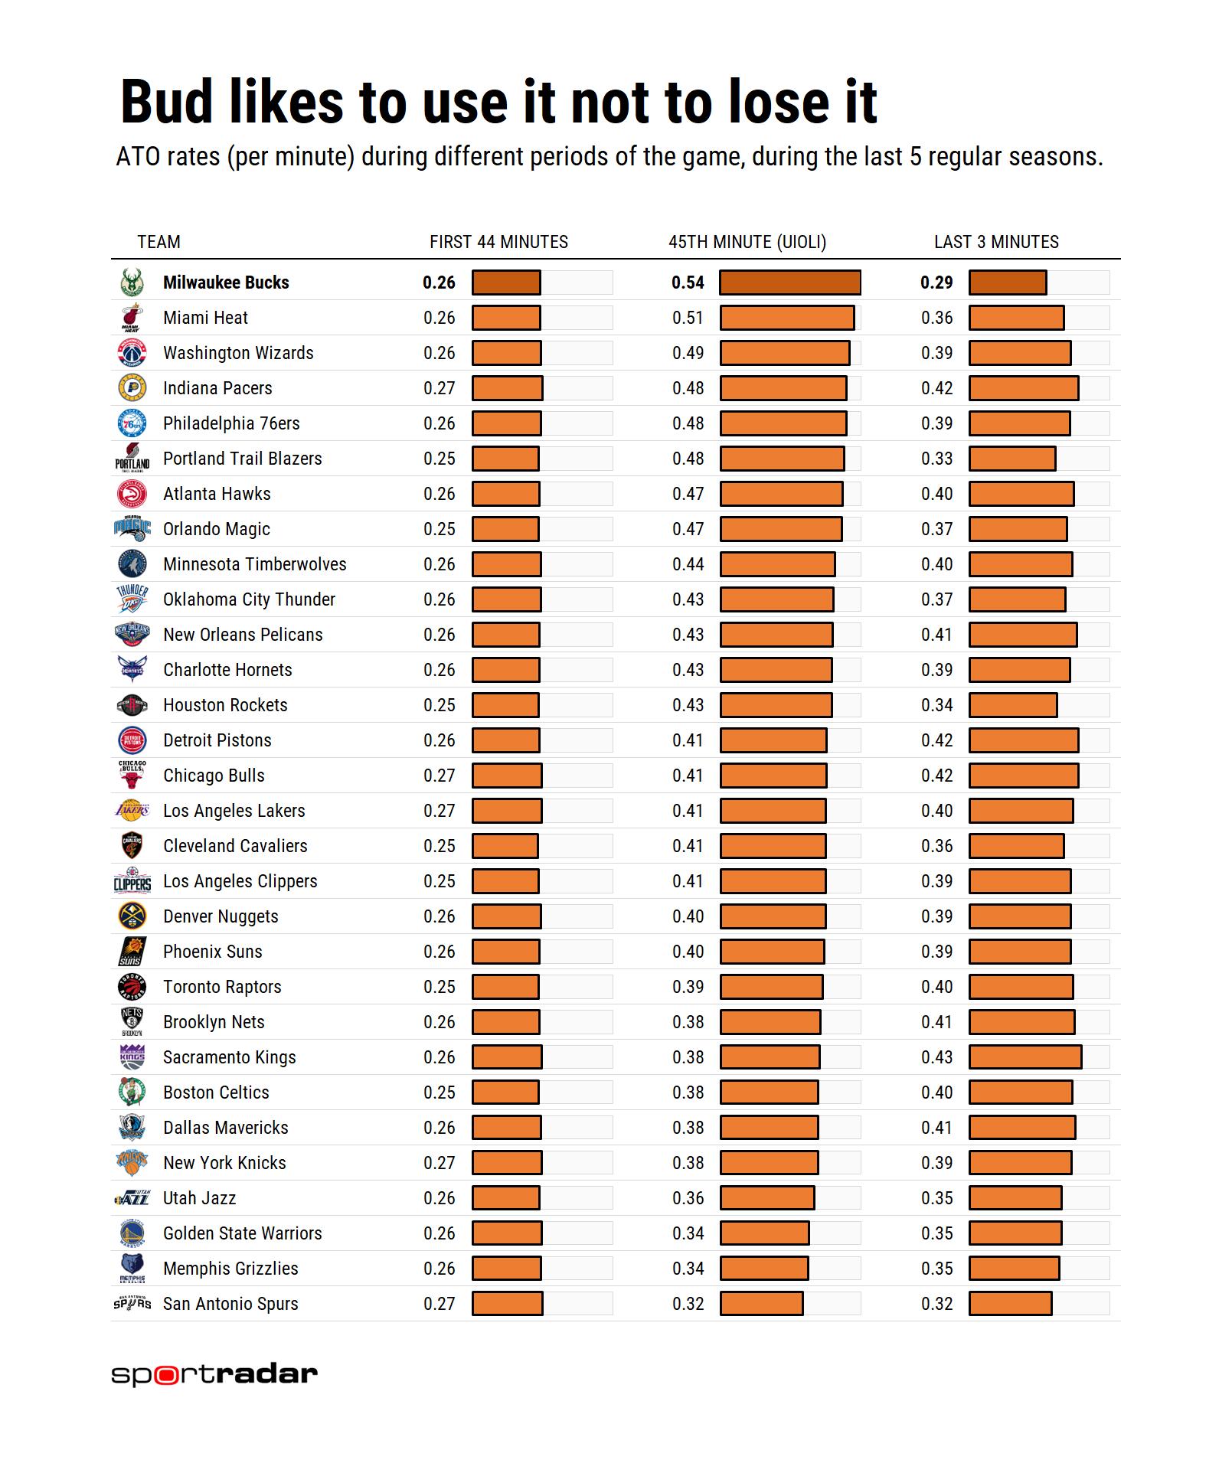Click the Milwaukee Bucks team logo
[132, 283]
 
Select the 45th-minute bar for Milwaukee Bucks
[789, 283]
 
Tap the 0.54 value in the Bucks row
[688, 283]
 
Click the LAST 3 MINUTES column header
[996, 242]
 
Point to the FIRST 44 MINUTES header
[498, 242]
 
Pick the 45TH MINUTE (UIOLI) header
[747, 242]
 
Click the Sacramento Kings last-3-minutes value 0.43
[936, 1057]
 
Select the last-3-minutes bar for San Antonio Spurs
[1010, 1304]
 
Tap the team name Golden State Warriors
[242, 1233]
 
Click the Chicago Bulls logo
[132, 775]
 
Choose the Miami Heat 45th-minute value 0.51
[688, 318]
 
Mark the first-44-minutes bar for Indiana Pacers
[507, 388]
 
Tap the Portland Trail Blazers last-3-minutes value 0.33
[936, 459]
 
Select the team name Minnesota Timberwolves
[254, 564]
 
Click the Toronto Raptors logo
[132, 987]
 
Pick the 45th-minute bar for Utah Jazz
[766, 1198]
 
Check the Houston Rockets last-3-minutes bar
[1012, 705]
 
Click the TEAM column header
[158, 242]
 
